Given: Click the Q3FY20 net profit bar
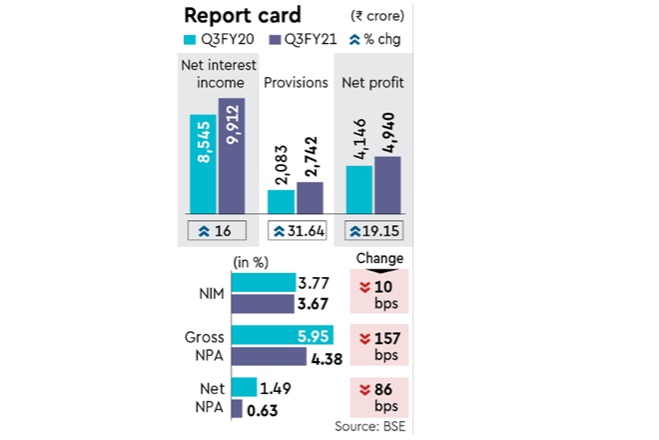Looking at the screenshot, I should tap(359, 188).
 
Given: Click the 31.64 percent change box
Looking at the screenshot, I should tap(300, 231).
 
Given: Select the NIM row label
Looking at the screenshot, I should tap(213, 296).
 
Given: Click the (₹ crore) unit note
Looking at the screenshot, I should tap(378, 17).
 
